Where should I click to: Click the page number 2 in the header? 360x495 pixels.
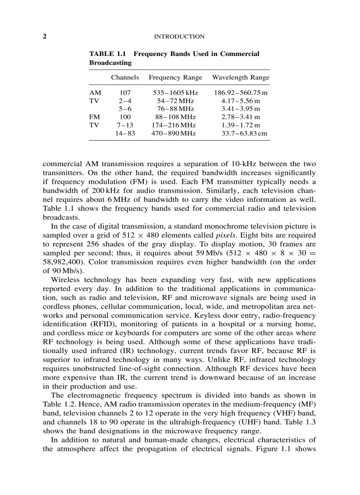(x=45, y=37)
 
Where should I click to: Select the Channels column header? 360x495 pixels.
(x=125, y=78)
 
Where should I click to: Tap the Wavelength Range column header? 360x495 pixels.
(x=240, y=78)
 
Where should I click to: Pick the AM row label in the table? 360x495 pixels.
(x=95, y=93)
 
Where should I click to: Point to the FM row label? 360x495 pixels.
(x=94, y=117)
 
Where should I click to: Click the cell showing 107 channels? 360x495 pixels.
(x=125, y=93)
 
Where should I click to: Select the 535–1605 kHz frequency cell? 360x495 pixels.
(x=175, y=93)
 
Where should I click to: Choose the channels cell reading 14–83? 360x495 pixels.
(x=125, y=133)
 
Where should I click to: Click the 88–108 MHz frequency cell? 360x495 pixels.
(x=175, y=117)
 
